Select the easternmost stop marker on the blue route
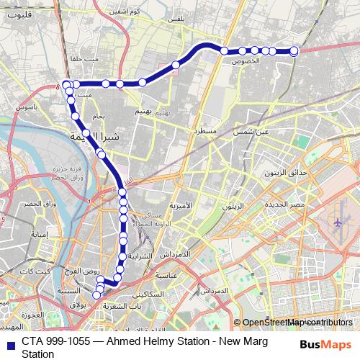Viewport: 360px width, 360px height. coord(294,50)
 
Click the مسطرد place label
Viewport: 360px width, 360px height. coord(204,132)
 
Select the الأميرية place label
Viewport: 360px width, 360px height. coord(181,206)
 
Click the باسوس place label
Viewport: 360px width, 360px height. coord(25,106)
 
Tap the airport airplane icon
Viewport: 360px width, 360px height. coord(338,224)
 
